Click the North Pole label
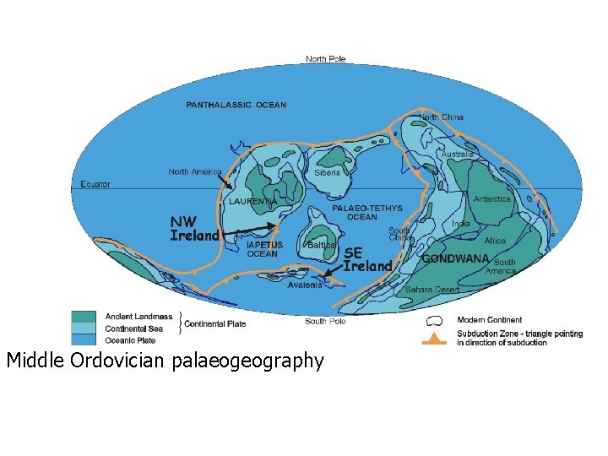pyautogui.click(x=325, y=59)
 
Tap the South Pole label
pyautogui.click(x=325, y=321)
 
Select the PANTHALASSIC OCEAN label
pyautogui.click(x=236, y=106)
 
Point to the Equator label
pyautogui.click(x=95, y=184)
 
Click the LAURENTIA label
pyautogui.click(x=252, y=202)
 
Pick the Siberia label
pyautogui.click(x=327, y=172)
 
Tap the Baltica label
pyautogui.click(x=322, y=245)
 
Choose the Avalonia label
pyautogui.click(x=305, y=285)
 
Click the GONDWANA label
pyautogui.click(x=455, y=258)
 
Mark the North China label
pyautogui.click(x=442, y=117)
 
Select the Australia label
pyautogui.click(x=457, y=155)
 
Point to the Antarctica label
pyautogui.click(x=491, y=199)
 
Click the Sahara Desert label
pyautogui.click(x=432, y=290)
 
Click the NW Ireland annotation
pyautogui.click(x=194, y=228)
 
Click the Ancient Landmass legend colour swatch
pyautogui.click(x=83, y=317)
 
